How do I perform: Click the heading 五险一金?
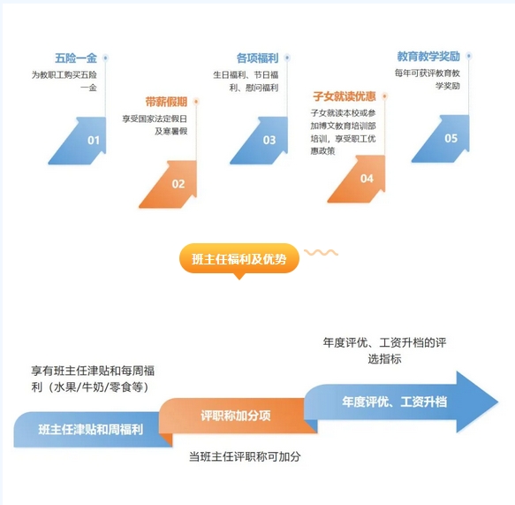coord(76,58)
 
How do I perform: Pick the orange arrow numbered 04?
coord(359,179)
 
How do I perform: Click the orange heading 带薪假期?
coord(166,102)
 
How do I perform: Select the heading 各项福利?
coord(258,58)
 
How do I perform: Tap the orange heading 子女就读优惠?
coord(345,96)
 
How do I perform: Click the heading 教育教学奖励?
coord(428,57)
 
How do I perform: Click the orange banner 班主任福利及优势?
coord(239,258)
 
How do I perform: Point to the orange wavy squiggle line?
coord(321,253)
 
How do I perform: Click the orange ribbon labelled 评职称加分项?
coord(236,416)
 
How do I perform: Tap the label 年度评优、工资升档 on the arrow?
coord(395,402)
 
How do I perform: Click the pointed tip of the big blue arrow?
coord(498,402)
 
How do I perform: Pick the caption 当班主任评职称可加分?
coord(245,456)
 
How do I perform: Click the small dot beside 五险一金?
coord(105,58)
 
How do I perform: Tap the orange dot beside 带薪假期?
coord(196,102)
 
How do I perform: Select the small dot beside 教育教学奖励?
coord(469,56)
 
